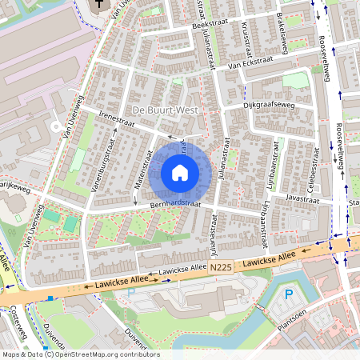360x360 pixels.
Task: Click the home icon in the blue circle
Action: (x=180, y=172)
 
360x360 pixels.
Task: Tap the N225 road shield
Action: (x=222, y=272)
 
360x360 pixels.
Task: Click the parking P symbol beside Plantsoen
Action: (x=290, y=294)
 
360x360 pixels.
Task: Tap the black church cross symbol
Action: (x=99, y=6)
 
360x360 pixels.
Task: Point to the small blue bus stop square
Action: (x=50, y=298)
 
